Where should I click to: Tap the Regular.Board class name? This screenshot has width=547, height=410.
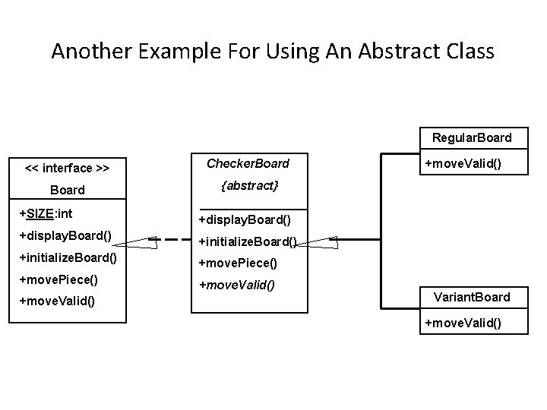click(472, 138)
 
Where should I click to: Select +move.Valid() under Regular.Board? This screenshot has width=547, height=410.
click(463, 163)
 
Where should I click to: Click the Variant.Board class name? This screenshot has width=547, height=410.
click(472, 297)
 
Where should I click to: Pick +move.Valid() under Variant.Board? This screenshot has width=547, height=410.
click(463, 323)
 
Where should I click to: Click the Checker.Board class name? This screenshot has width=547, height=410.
click(249, 163)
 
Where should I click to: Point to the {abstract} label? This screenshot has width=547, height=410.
click(249, 185)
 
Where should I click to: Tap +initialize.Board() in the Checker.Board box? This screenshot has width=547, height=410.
click(247, 242)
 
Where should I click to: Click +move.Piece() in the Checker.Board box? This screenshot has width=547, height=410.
click(238, 263)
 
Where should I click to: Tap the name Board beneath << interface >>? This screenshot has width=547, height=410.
click(67, 190)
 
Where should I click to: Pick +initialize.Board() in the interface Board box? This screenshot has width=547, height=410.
click(68, 257)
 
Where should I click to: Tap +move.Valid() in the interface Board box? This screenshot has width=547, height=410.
click(57, 301)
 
